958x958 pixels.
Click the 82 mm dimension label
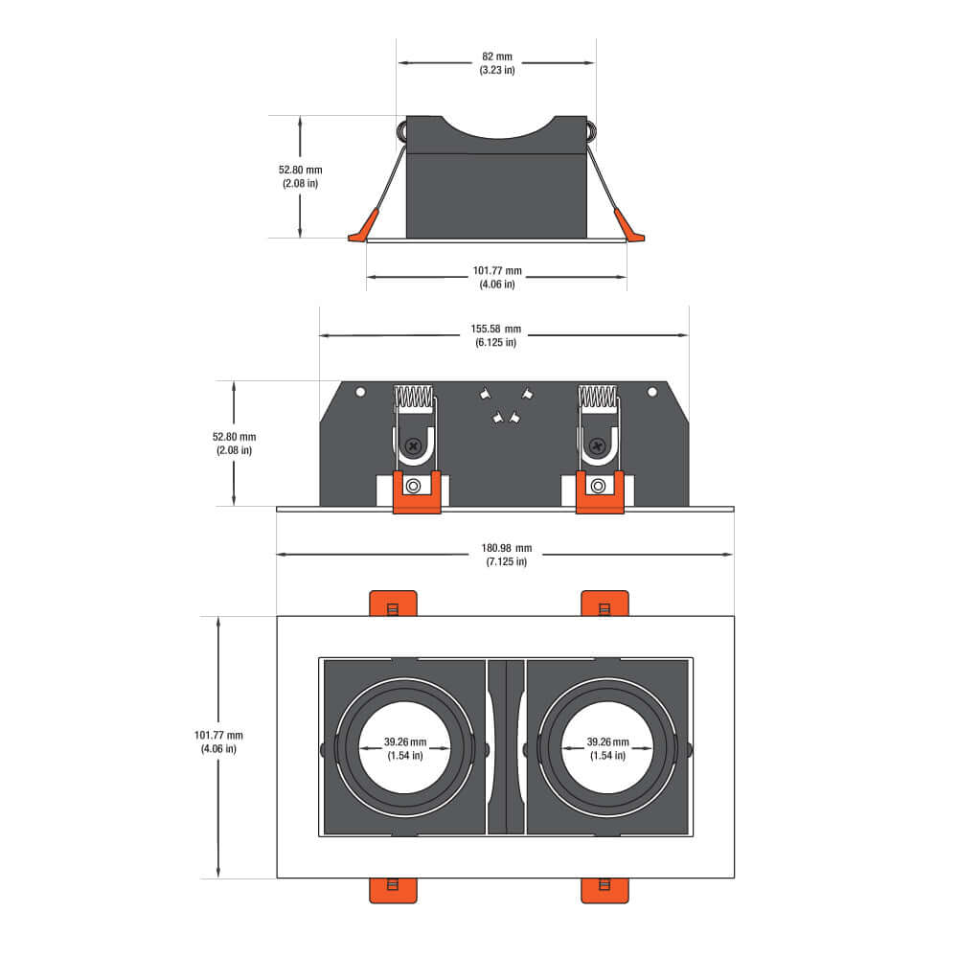(x=496, y=57)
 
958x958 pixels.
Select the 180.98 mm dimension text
(x=505, y=549)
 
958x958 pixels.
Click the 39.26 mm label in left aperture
(x=405, y=742)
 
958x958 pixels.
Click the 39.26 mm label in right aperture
(x=607, y=742)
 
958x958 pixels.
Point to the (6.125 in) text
(x=496, y=342)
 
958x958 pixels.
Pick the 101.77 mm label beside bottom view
(x=218, y=736)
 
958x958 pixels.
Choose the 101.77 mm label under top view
(x=496, y=271)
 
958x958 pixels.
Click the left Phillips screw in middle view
(x=414, y=445)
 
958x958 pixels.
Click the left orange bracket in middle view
(x=416, y=491)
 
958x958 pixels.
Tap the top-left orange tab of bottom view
(x=393, y=604)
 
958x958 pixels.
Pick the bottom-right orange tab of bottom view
(x=604, y=890)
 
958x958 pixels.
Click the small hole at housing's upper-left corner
(x=360, y=392)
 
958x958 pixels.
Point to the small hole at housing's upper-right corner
(x=652, y=392)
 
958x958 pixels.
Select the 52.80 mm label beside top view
(x=301, y=170)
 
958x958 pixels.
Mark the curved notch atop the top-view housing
(x=496, y=127)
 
